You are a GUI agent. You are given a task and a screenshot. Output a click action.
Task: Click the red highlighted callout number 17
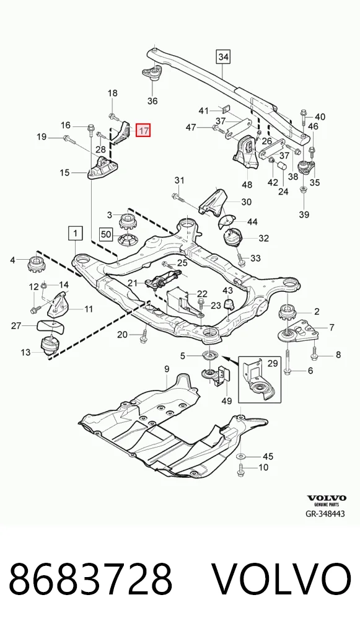pos(143,130)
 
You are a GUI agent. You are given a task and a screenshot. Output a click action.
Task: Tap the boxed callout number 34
pos(223,57)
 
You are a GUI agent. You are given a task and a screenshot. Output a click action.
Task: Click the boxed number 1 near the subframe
pos(76,232)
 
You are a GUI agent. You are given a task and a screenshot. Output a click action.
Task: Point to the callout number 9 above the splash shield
pos(167,369)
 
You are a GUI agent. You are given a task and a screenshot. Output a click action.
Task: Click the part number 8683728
pos(90,580)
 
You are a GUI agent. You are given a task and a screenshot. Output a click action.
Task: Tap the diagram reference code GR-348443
pos(325,514)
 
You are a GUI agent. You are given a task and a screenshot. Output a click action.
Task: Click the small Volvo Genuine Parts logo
pos(327,500)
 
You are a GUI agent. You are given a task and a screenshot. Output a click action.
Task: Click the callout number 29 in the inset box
pos(273,363)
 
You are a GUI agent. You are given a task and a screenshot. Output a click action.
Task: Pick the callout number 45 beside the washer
pos(268,456)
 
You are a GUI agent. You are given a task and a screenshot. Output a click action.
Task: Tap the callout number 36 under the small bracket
pos(152,101)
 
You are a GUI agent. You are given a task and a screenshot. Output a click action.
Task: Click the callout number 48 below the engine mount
pos(247,185)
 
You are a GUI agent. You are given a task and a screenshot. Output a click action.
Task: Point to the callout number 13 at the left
pos(25,353)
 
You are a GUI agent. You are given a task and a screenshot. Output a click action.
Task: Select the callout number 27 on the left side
pos(16,325)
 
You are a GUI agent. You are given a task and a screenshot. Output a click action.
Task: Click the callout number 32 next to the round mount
pos(263,238)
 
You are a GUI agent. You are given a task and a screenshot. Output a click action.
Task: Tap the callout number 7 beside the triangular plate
pos(331,327)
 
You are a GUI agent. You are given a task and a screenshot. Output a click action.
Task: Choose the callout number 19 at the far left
pos(42,137)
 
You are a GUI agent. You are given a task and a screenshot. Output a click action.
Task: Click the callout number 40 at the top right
pos(320,117)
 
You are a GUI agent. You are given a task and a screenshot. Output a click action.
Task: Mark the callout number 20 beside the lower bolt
pos(122,335)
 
